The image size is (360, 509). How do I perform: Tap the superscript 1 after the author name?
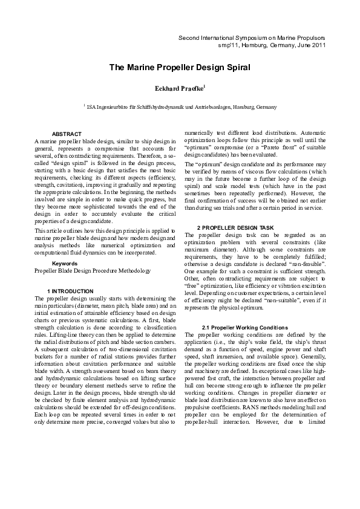coord(205,86)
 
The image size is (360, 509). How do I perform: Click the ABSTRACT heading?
coord(67,134)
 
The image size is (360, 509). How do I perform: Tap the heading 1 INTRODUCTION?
coord(70,291)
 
